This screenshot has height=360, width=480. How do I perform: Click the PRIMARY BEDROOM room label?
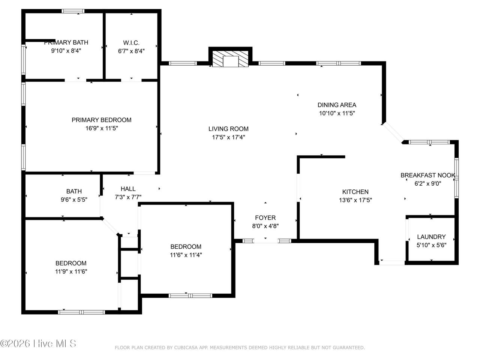[x=102, y=120]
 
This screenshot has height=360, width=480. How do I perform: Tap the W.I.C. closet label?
[x=131, y=43]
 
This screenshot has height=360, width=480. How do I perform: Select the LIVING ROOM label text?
[x=228, y=129]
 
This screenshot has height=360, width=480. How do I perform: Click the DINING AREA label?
[x=337, y=105]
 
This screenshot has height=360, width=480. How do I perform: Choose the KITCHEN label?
[x=355, y=192]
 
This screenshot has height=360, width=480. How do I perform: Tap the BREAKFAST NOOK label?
[x=428, y=175]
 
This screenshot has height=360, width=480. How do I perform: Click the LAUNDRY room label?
[x=431, y=237]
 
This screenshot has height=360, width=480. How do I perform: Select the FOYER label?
[x=265, y=217]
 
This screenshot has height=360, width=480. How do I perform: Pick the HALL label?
[x=128, y=189]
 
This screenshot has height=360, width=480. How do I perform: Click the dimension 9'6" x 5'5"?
[x=74, y=199]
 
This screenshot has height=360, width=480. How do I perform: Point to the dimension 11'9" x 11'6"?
[x=71, y=271]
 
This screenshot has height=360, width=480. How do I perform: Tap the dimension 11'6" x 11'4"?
[x=186, y=255]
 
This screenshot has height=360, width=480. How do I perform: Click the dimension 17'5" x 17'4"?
[x=228, y=137]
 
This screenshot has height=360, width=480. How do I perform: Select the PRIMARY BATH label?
[x=66, y=42]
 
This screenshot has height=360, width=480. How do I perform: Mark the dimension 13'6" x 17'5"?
[x=355, y=200]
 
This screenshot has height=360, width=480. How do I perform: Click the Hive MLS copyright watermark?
[x=38, y=343]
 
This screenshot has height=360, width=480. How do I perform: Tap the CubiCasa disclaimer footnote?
[x=240, y=348]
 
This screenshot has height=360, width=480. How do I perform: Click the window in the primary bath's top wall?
[x=73, y=11]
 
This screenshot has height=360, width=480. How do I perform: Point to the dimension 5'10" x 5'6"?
[x=431, y=245]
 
